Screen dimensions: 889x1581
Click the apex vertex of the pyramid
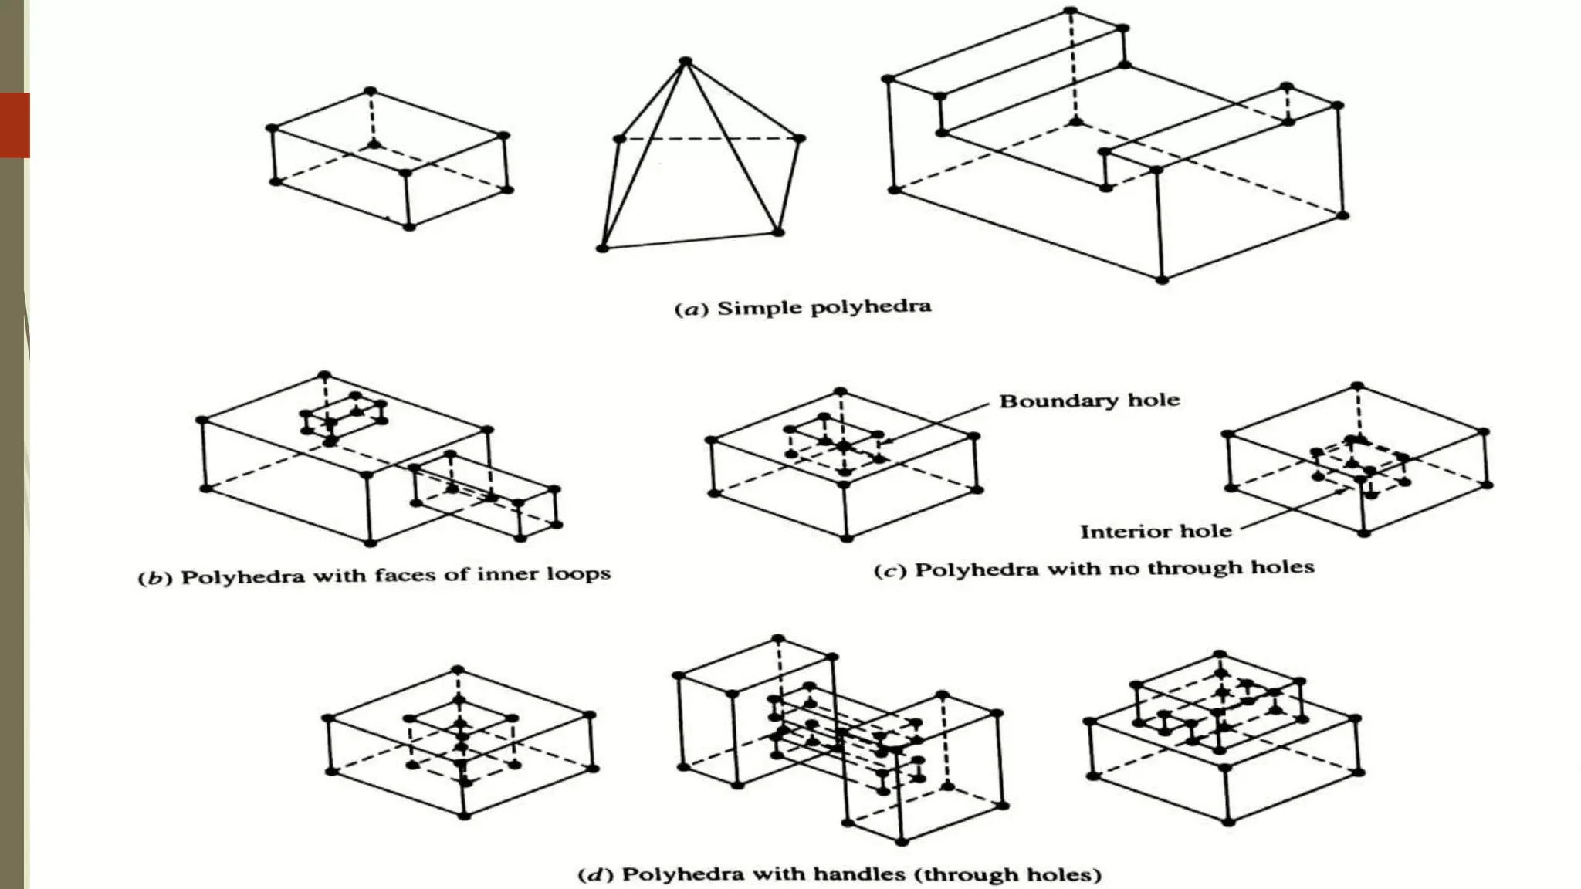(x=686, y=61)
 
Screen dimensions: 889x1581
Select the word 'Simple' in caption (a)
(x=759, y=308)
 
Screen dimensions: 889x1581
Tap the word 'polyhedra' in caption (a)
(x=872, y=307)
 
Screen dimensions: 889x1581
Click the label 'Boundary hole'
(x=1089, y=401)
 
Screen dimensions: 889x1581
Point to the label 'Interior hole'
(x=1155, y=532)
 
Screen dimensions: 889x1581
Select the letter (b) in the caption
(x=154, y=578)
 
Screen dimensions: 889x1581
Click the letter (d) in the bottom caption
(x=595, y=875)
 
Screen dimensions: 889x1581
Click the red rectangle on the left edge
(x=15, y=125)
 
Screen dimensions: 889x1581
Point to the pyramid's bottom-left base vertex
(x=602, y=248)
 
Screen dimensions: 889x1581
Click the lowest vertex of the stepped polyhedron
(x=1161, y=279)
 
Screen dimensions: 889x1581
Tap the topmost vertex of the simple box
(x=370, y=91)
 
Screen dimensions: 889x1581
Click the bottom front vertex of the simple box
(x=409, y=226)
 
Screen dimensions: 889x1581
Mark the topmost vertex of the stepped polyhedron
(x=1070, y=11)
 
